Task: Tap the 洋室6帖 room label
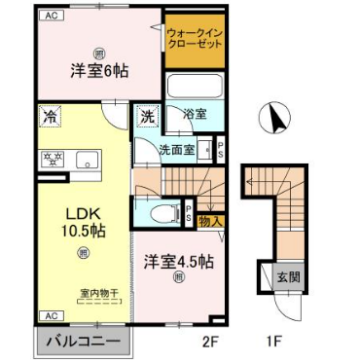coord(98,73)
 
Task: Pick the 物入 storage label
coord(210,220)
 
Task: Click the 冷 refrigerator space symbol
coord(50,116)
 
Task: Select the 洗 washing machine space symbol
coord(146,116)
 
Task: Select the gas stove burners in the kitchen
coord(52,158)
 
